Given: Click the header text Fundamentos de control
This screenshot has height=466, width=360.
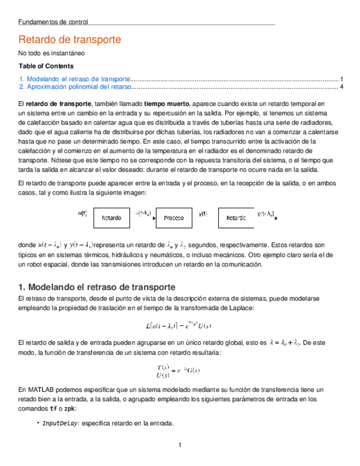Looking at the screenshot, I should pyautogui.click(x=53, y=22).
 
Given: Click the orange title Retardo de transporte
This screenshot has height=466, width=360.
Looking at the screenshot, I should pyautogui.click(x=69, y=40).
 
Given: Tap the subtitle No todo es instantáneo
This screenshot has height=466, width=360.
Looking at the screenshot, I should pyautogui.click(x=51, y=54).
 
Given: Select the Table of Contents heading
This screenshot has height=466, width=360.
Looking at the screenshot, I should pyautogui.click(x=46, y=66).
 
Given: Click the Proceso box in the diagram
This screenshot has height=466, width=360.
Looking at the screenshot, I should pyautogui.click(x=174, y=218).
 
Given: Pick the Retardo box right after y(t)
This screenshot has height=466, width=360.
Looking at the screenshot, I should pyautogui.click(x=236, y=218).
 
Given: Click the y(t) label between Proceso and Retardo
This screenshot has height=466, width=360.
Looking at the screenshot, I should pyautogui.click(x=203, y=214).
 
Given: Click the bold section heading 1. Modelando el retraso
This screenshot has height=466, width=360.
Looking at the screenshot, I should pyautogui.click(x=97, y=287).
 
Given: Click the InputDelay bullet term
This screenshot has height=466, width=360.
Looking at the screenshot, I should pyautogui.click(x=60, y=423).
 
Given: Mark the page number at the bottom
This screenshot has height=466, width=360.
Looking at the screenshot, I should pyautogui.click(x=180, y=444).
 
